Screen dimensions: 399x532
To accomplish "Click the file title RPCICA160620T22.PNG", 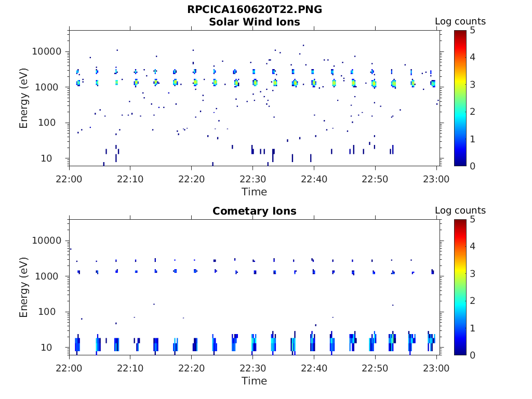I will pos(255,10).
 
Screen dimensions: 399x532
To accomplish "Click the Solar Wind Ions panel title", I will pos(255,22).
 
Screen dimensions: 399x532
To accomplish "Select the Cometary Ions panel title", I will pos(255,211).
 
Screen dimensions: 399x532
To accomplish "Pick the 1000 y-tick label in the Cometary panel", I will pos(50,276).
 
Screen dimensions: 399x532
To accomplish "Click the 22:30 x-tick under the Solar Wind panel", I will pos(252,179).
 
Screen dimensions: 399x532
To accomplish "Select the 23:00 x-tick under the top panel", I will pos(436,179).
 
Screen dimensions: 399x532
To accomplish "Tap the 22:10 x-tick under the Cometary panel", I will pos(130,368).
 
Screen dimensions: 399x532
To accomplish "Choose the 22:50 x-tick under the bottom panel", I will pos(375,368).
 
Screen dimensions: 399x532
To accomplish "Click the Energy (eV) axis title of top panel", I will pos(24,98).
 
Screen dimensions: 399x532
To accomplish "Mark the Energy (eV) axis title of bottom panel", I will pos(24,287).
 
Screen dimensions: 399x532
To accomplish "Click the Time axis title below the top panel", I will pos(255,192).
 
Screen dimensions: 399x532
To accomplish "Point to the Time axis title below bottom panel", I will pos(255,381).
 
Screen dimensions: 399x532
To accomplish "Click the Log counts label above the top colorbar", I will pos(460,21).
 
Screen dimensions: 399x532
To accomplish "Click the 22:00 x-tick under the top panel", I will pos(70,179).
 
